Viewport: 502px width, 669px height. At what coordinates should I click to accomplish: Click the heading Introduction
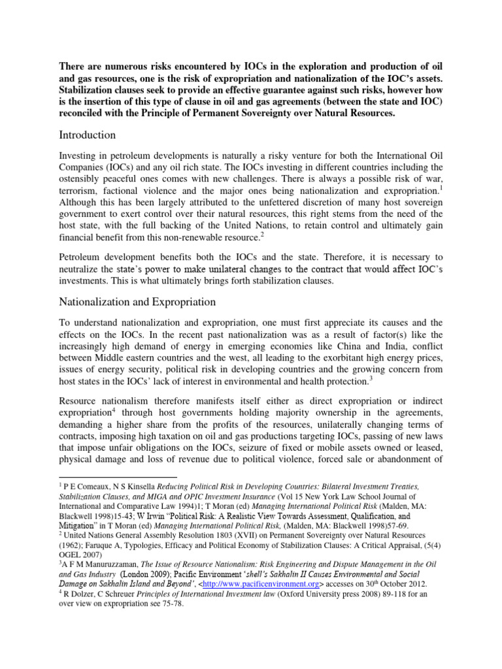87,135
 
